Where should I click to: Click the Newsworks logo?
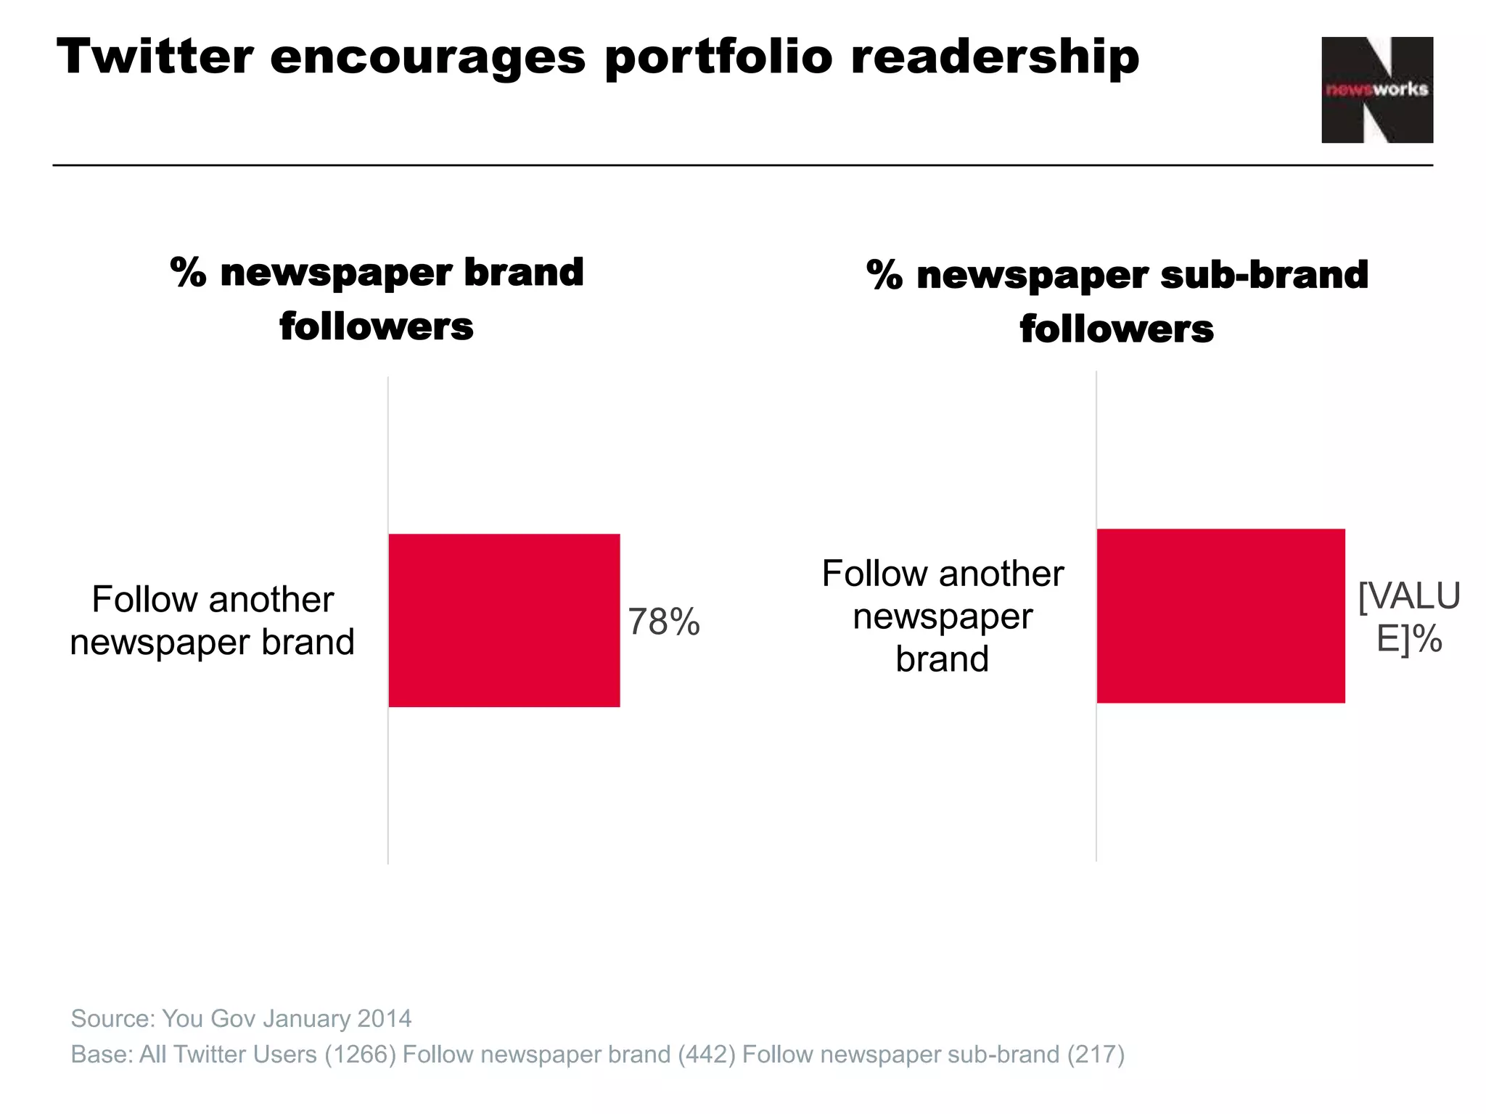click(x=1376, y=90)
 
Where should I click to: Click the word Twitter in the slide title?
click(x=155, y=57)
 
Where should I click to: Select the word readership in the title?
click(x=994, y=57)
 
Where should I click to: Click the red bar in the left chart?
click(x=504, y=620)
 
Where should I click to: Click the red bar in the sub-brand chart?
click(x=1220, y=616)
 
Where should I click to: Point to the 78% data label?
click(x=663, y=622)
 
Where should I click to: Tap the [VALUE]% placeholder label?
click(x=1408, y=617)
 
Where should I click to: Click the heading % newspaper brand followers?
click(x=377, y=298)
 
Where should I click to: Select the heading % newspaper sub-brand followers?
click(x=1117, y=301)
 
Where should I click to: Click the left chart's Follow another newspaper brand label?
click(x=212, y=621)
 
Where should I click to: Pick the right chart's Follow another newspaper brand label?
click(x=943, y=616)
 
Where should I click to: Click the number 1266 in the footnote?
click(x=360, y=1054)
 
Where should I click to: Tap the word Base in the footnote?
click(x=99, y=1054)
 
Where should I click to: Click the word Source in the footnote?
click(x=111, y=1018)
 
